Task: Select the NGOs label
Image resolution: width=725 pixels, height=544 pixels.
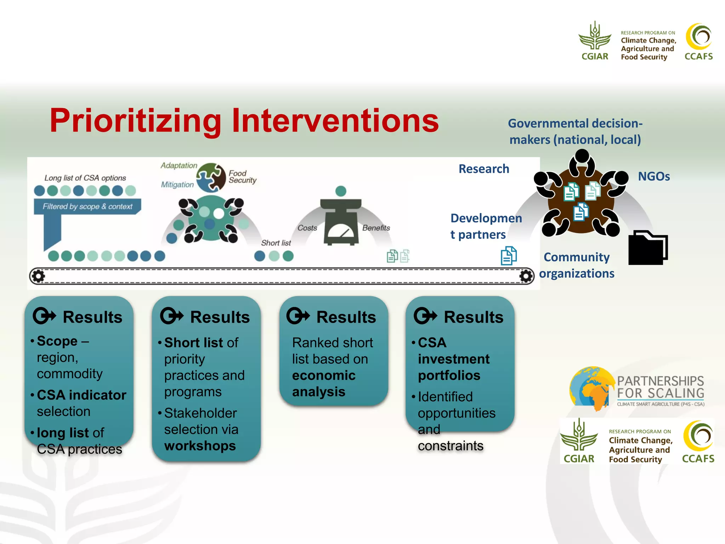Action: pos(653,176)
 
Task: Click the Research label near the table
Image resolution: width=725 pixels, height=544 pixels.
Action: pos(484,169)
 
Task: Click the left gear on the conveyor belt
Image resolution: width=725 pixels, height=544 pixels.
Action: pos(38,276)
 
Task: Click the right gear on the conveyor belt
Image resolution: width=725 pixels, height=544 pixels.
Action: pos(526,276)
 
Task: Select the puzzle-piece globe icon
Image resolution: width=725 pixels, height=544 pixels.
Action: pos(211,177)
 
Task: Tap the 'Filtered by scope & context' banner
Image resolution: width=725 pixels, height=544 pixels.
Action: pos(87,206)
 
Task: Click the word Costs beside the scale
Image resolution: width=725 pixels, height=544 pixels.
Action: pos(307,228)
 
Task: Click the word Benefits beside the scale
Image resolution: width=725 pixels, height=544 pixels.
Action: pos(376,228)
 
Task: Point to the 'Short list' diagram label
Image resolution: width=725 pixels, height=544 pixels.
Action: pos(276,243)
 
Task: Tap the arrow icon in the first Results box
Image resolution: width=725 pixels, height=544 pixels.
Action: pos(44,316)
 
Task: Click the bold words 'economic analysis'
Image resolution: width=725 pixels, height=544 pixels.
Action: pos(323,384)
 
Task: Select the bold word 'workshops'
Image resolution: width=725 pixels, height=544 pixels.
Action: pos(200,446)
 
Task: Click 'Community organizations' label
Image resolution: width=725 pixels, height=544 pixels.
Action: pos(576,265)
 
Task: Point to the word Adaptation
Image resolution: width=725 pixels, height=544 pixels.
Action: pos(179,165)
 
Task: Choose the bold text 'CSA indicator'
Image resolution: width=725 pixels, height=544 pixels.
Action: pos(81,395)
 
